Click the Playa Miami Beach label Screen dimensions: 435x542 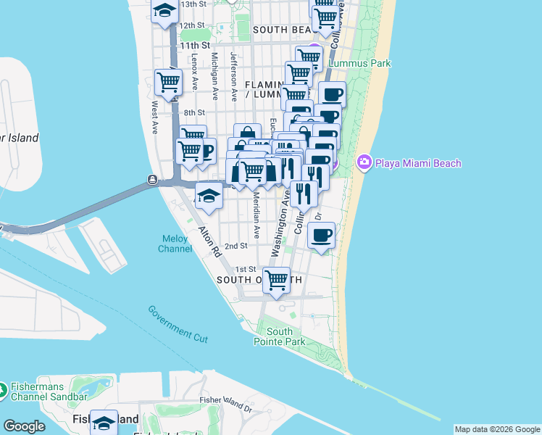pos(417,163)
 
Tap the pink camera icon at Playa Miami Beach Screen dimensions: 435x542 pos(364,163)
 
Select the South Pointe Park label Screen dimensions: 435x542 pos(274,336)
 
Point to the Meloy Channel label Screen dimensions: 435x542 pos(175,244)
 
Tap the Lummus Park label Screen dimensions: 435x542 pos(359,64)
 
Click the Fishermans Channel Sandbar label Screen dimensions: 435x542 pos(54,391)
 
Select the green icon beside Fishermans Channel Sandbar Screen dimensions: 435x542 pos(2,391)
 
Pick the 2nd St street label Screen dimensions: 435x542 pos(235,246)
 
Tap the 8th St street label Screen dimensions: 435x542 pos(194,113)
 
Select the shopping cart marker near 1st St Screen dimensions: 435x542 pos(276,278)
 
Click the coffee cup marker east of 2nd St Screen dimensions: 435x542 pos(321,234)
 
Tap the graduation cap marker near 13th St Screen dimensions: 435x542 pos(164,10)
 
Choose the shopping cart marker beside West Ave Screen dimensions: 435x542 pos(168,82)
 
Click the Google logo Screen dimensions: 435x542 pos(24,426)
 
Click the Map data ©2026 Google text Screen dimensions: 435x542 pos(497,429)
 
